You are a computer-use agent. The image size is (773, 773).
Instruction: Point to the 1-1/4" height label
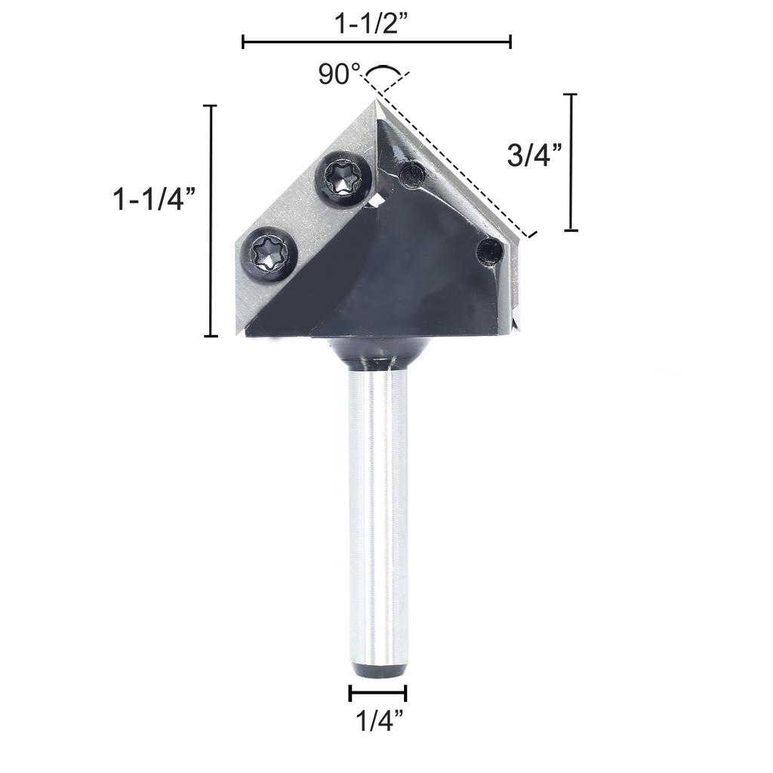(154, 200)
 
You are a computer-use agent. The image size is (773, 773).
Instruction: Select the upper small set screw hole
(412, 175)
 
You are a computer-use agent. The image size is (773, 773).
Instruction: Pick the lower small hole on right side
(490, 251)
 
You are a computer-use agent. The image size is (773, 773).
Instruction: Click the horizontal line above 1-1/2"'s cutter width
(376, 42)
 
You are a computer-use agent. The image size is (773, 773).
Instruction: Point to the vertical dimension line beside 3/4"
(571, 162)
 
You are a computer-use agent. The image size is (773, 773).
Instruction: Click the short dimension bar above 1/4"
(377, 693)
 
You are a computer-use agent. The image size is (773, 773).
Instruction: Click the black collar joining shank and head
(377, 352)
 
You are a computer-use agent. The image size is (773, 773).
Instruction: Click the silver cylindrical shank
(377, 513)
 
